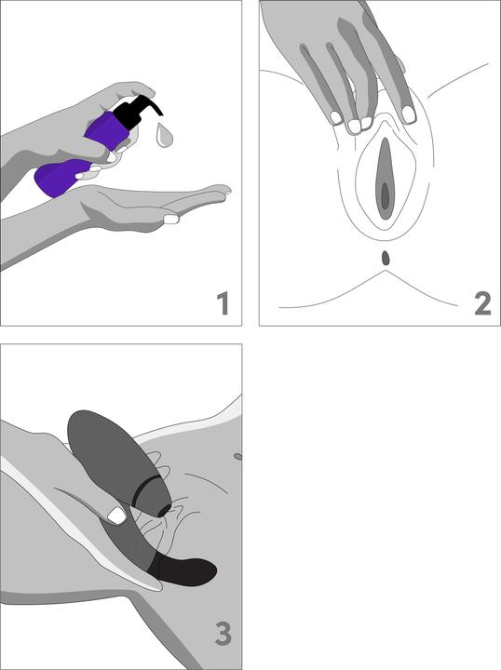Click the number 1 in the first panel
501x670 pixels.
pos(223,303)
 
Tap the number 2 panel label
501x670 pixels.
pos(482,303)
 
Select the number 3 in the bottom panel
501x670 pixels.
pos(223,634)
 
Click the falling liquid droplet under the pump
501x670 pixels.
pos(164,135)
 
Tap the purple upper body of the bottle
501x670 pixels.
pos(107,129)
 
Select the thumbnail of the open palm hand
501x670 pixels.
pos(171,219)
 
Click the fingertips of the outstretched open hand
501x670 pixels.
pos(220,190)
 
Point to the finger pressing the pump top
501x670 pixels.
pos(141,89)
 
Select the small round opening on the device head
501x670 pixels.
pos(163,510)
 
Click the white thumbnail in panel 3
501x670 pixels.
pos(116,516)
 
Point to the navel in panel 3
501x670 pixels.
pos(237,457)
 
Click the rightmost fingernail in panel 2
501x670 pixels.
pos(409,114)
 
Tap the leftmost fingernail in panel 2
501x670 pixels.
pos(336,117)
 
